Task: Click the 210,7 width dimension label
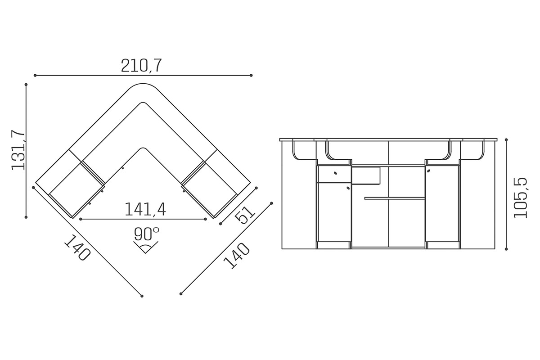(141, 66)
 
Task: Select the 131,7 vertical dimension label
(18, 150)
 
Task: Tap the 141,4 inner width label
(145, 209)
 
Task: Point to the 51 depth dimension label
(245, 215)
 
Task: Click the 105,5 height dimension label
(520, 198)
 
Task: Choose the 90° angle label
(147, 234)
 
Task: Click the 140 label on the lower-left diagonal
(77, 248)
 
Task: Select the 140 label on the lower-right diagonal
(237, 256)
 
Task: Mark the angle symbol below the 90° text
(146, 247)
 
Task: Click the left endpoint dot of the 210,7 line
(35, 76)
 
